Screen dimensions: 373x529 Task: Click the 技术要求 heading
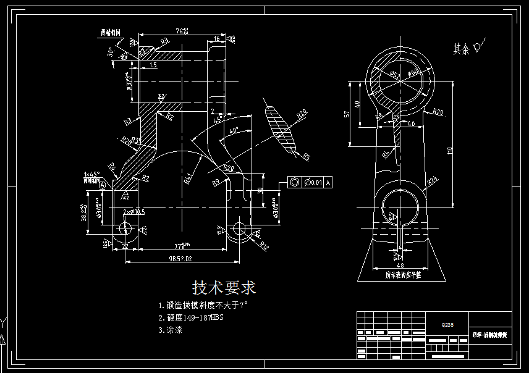(x=224, y=288)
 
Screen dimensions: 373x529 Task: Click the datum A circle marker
(x=102, y=184)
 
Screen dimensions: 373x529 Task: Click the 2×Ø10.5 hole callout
(x=133, y=212)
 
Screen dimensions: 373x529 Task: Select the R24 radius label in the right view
(x=432, y=180)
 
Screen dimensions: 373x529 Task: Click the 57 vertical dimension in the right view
(x=347, y=114)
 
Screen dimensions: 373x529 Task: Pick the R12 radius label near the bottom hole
(x=264, y=246)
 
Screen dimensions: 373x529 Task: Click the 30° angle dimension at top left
(x=111, y=52)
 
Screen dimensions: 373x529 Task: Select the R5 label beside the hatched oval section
(x=306, y=157)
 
